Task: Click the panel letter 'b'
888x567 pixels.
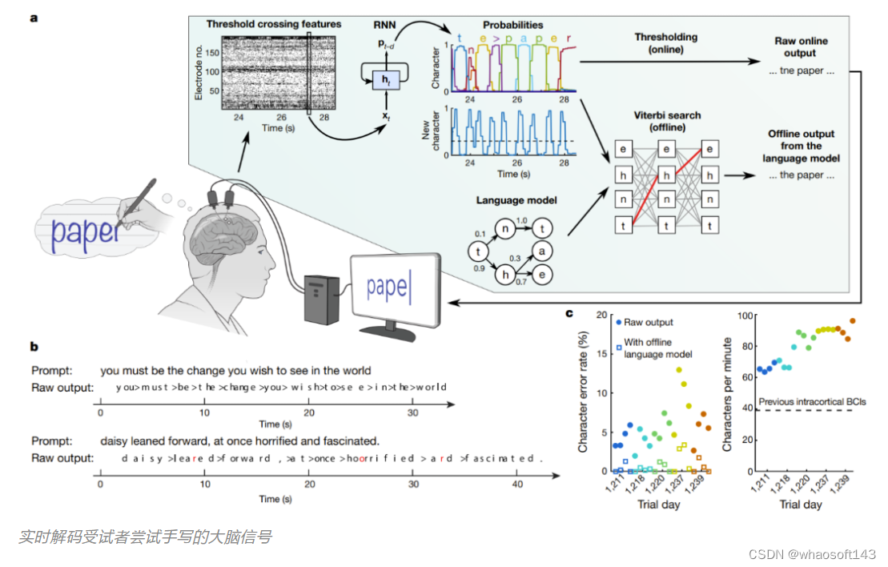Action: click(x=34, y=347)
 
